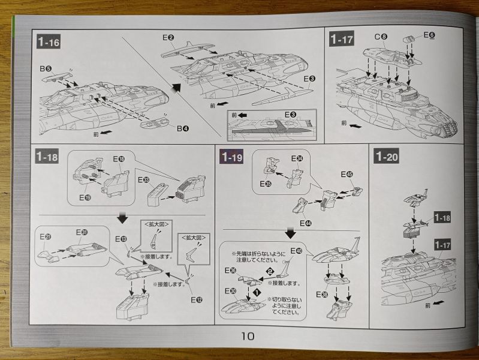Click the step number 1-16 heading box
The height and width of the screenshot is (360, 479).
pyautogui.click(x=47, y=42)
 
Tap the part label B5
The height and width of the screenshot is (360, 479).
pyautogui.click(x=46, y=69)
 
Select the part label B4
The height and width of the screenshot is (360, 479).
pyautogui.click(x=183, y=128)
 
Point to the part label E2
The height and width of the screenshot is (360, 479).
pyautogui.click(x=168, y=37)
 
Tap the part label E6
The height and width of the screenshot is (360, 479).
pyautogui.click(x=429, y=35)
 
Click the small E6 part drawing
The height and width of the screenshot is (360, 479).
pyautogui.click(x=411, y=40)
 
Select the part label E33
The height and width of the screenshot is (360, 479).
pyautogui.click(x=143, y=179)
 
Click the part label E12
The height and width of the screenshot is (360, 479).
pyautogui.click(x=195, y=299)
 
